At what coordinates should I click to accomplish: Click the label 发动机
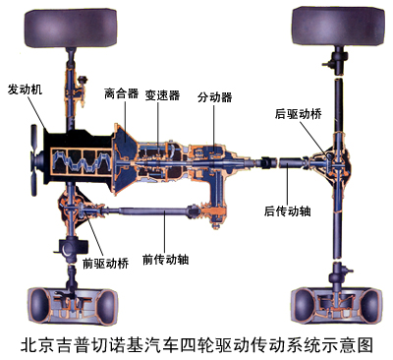25,90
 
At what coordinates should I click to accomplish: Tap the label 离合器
121,93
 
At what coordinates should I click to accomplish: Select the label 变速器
163,95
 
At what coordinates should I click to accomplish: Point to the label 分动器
215,97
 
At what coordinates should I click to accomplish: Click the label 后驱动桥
298,114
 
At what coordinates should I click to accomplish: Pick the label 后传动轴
288,211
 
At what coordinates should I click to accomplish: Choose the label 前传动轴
166,260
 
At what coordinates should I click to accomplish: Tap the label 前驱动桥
106,264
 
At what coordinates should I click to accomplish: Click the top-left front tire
71,29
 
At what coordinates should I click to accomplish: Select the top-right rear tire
339,27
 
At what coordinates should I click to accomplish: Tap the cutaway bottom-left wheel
73,306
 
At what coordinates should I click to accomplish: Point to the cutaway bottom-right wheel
337,306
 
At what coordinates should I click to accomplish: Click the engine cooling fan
35,160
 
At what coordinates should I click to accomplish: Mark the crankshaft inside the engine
80,161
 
